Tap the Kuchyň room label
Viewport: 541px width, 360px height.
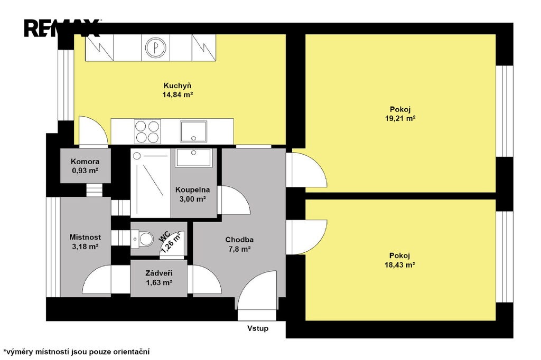[x=178, y=86]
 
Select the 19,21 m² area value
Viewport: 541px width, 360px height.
[x=400, y=118]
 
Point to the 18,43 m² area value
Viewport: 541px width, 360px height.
[x=399, y=265]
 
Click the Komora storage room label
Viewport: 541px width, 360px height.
[x=85, y=162]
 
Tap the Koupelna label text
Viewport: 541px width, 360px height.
[x=192, y=190]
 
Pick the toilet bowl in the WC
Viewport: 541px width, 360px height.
[x=143, y=239]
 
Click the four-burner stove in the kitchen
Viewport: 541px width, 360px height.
[x=148, y=131]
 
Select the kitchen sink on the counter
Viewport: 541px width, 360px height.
[x=193, y=131]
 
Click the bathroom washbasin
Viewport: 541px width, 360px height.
[x=193, y=158]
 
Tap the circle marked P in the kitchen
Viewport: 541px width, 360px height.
[x=156, y=48]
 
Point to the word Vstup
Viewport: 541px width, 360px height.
[x=258, y=328]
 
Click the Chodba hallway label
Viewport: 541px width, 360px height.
[x=239, y=240]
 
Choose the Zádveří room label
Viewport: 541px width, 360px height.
[x=159, y=273]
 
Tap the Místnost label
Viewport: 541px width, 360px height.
[x=85, y=237]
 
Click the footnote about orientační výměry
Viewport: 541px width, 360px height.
[x=77, y=352]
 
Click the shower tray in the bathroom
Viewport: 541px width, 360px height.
[x=151, y=183]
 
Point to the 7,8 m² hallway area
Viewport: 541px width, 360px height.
[x=239, y=249]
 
